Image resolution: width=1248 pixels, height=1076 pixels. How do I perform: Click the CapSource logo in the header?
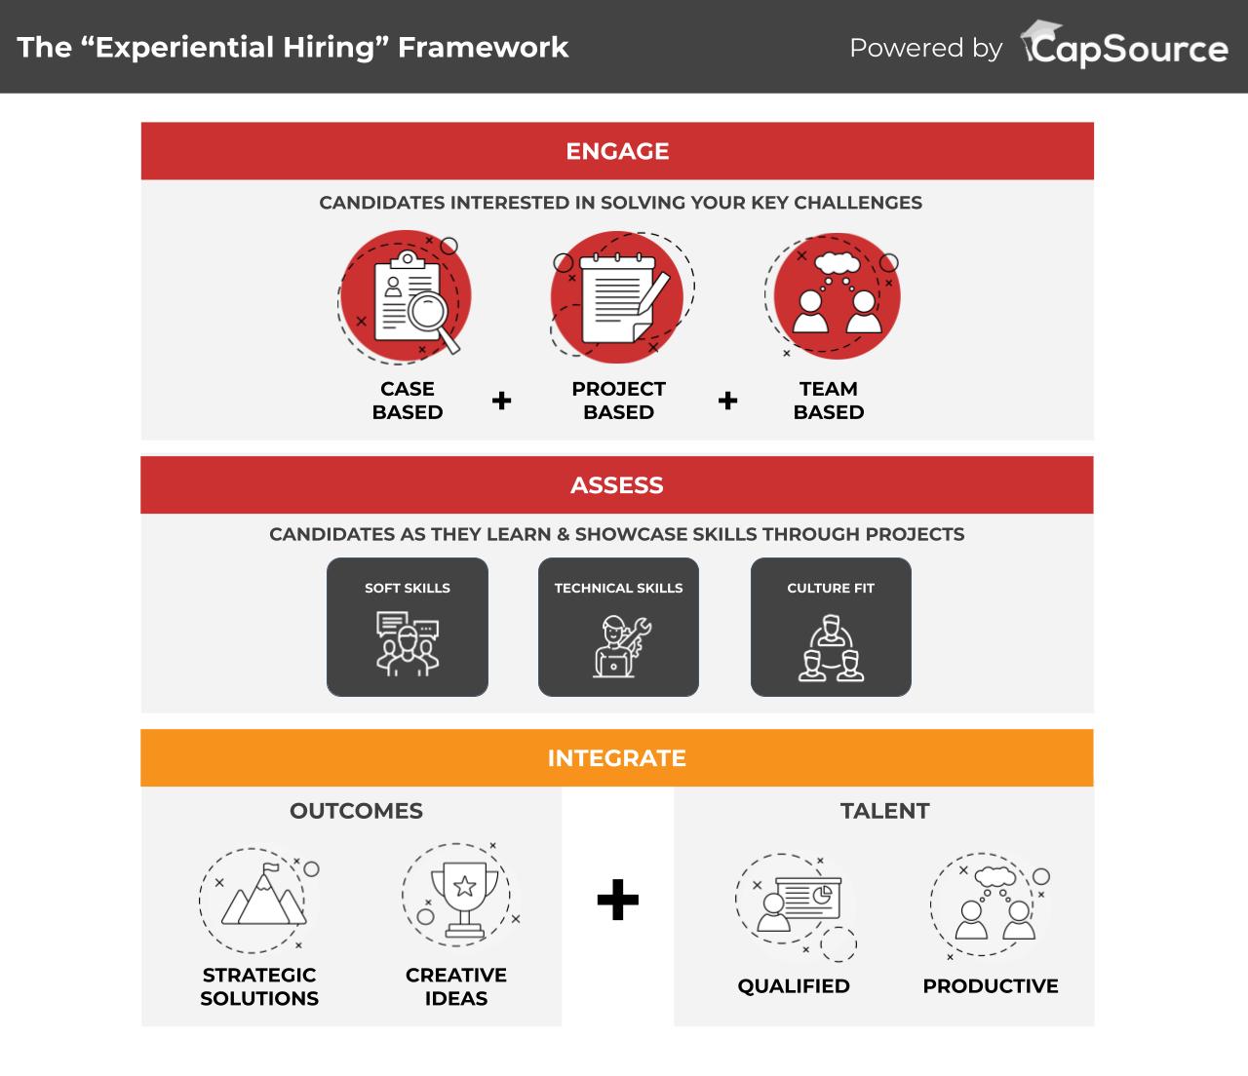coord(1123,44)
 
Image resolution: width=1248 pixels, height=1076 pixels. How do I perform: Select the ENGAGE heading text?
coord(617,151)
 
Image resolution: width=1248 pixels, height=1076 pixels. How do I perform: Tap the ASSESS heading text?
coord(616,485)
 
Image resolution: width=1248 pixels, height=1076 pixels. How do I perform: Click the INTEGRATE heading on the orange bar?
coord(616,758)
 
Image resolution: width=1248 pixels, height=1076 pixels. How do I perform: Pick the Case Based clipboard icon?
coord(405,297)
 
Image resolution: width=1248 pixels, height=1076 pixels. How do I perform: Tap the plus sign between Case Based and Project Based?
coord(501,401)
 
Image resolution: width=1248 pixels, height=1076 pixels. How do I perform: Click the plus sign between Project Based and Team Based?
coord(727,401)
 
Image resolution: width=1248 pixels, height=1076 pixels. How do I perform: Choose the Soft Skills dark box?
coord(408,627)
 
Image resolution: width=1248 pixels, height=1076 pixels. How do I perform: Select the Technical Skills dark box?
coord(618,627)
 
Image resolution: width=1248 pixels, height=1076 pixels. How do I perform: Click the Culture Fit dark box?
coord(831,627)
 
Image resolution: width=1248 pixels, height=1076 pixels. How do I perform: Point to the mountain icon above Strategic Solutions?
coord(260,900)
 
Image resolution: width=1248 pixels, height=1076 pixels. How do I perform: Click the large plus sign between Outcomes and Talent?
coord(617,900)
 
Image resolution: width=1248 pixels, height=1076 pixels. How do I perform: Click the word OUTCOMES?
coord(356,811)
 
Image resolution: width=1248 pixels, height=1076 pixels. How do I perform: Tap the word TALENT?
coord(884,811)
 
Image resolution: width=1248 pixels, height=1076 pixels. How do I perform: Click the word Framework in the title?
coord(483,47)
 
